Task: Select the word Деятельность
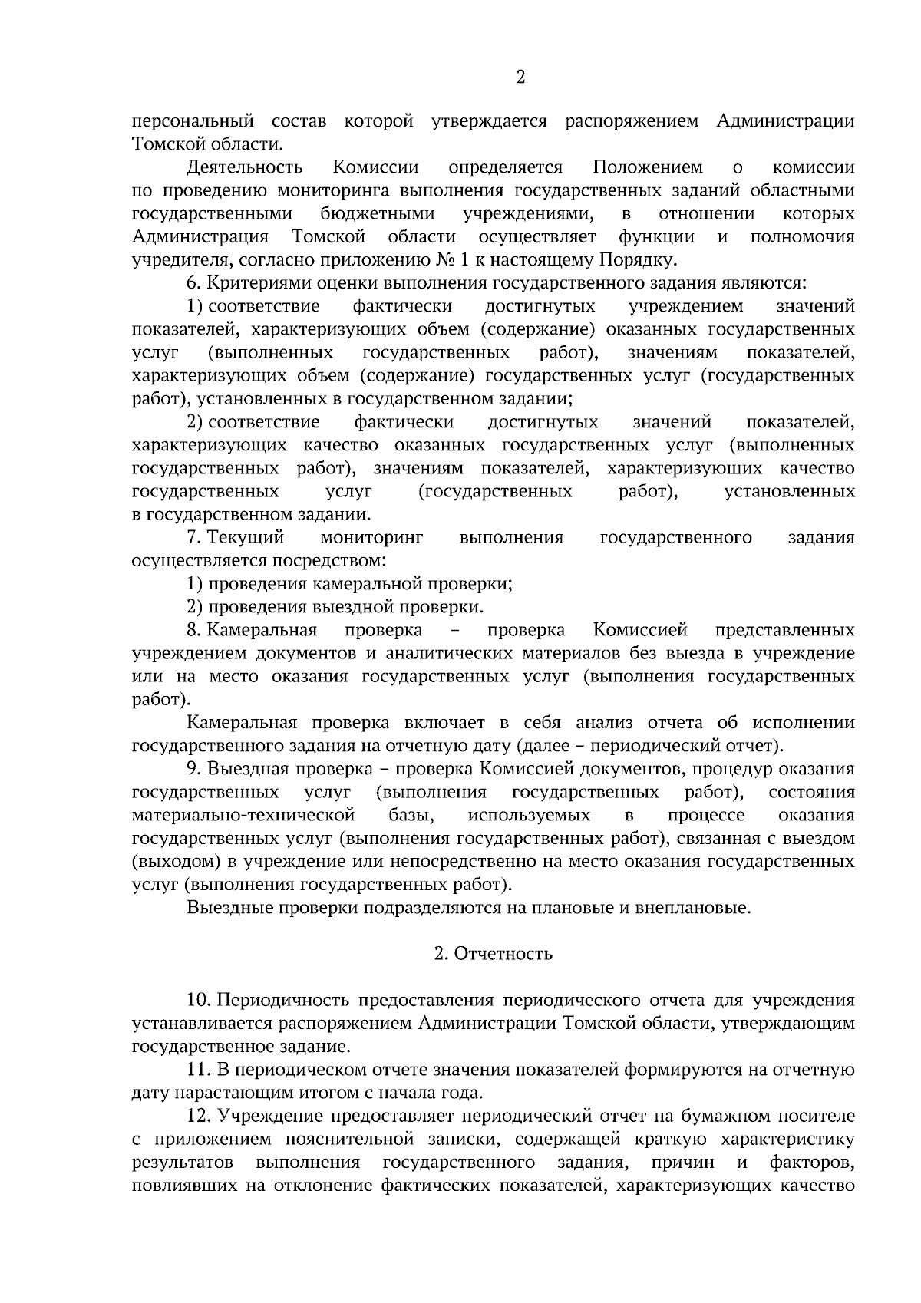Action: [245, 168]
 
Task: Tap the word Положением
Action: [648, 168]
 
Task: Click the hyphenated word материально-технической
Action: [243, 815]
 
